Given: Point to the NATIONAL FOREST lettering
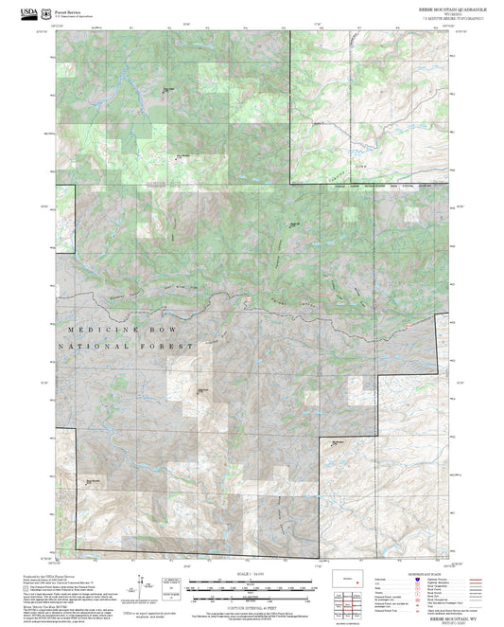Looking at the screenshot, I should (x=125, y=347).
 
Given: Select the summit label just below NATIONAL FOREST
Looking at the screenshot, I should (x=201, y=387).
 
